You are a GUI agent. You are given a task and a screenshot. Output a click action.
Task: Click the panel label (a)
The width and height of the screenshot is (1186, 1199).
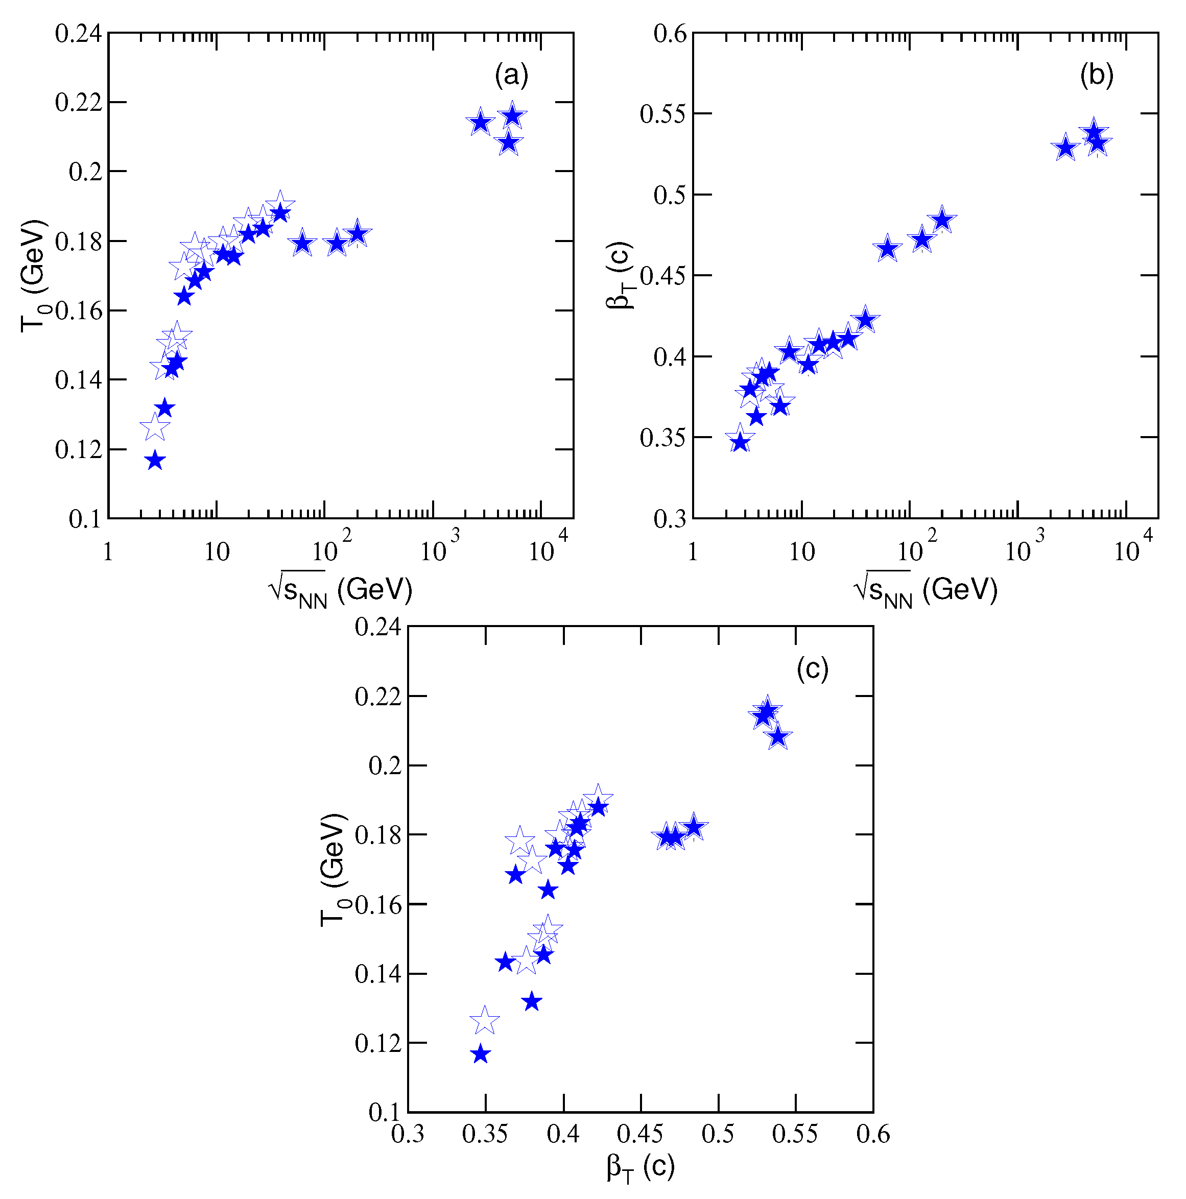tap(511, 75)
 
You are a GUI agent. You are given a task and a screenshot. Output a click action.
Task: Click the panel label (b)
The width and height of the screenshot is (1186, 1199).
tap(1096, 75)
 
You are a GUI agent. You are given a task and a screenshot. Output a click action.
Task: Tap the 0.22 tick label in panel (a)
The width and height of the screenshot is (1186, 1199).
tap(78, 103)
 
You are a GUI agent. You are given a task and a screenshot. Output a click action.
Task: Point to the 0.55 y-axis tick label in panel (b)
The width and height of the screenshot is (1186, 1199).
tap(663, 114)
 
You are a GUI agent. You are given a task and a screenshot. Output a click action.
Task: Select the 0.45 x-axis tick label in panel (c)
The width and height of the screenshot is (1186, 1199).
tap(641, 1134)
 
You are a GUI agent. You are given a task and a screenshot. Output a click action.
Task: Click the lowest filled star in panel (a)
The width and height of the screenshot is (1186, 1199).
tap(155, 461)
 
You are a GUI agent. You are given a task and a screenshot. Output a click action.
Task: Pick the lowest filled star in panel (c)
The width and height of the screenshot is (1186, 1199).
tap(480, 1054)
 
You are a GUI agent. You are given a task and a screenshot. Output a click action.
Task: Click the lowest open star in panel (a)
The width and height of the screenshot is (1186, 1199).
tap(155, 427)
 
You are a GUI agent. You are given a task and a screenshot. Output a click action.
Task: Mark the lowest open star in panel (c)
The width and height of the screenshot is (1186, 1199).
tap(485, 1021)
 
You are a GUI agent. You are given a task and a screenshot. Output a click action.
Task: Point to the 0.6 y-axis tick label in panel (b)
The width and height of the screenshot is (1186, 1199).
tap(670, 34)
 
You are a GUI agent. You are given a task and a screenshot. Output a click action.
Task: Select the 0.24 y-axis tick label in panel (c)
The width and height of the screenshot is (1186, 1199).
tap(377, 627)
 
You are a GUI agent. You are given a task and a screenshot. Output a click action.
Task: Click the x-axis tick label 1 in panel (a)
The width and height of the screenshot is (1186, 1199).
tap(108, 551)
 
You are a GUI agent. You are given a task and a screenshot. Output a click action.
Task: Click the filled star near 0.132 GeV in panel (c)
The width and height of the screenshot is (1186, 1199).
tap(532, 1001)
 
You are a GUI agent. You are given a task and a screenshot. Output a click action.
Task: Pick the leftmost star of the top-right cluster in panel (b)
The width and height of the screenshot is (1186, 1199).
tap(1065, 148)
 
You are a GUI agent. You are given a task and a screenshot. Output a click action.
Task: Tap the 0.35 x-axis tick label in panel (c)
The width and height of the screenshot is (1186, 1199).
tap(485, 1134)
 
